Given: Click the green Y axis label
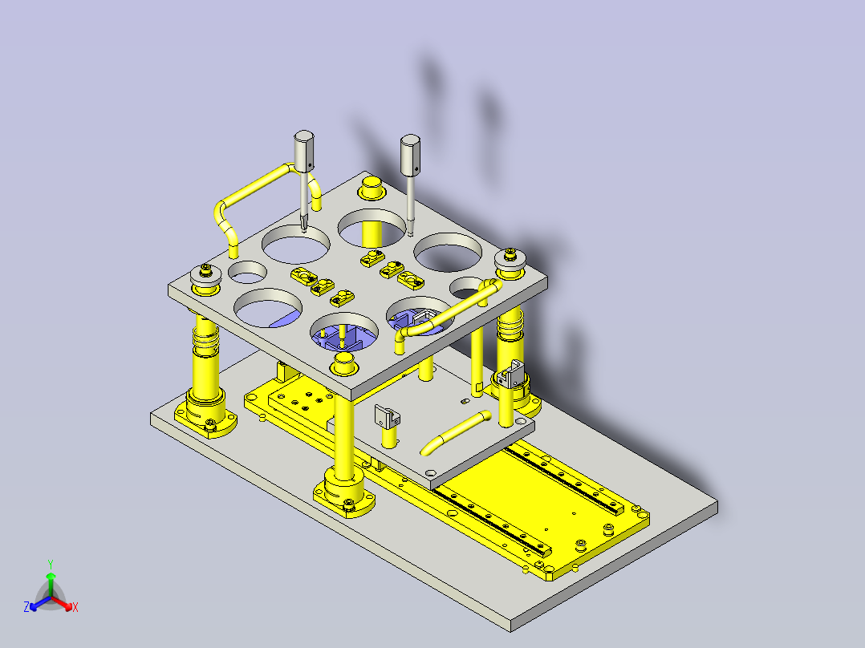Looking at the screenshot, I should click(x=50, y=564).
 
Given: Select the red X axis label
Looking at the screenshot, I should click(x=75, y=608).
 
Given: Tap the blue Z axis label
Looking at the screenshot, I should click(x=26, y=608).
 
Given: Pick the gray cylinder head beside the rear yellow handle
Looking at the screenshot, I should click(x=304, y=152).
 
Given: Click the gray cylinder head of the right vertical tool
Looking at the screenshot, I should click(x=411, y=155).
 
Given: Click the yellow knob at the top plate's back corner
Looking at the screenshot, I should click(x=371, y=189).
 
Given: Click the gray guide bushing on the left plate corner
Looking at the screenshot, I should click(x=207, y=277).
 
